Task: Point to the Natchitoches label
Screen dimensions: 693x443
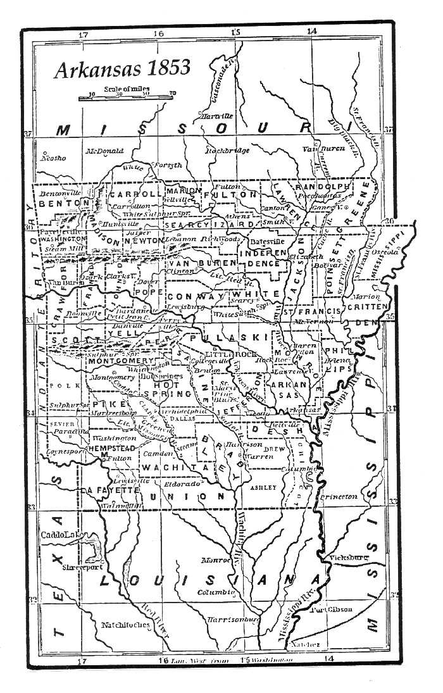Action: tap(125, 625)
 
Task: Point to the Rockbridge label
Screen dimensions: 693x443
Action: tap(227, 151)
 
